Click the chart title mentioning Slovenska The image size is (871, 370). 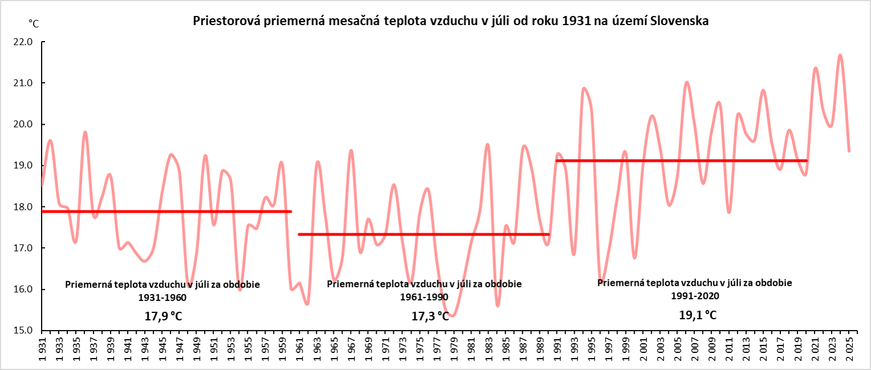click(450, 22)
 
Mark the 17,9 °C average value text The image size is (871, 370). click(163, 316)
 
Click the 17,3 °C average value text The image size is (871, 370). click(430, 316)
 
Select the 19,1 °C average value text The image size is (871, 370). click(697, 314)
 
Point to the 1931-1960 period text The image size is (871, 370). click(162, 297)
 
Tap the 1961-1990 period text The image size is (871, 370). click(424, 297)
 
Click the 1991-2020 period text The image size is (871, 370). click(695, 296)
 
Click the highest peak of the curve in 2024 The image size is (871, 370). click(840, 55)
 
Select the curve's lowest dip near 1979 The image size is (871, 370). click(453, 315)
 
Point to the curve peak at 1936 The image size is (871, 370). click(85, 132)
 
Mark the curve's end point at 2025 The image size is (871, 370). click(849, 151)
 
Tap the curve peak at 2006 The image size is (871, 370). click(686, 82)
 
